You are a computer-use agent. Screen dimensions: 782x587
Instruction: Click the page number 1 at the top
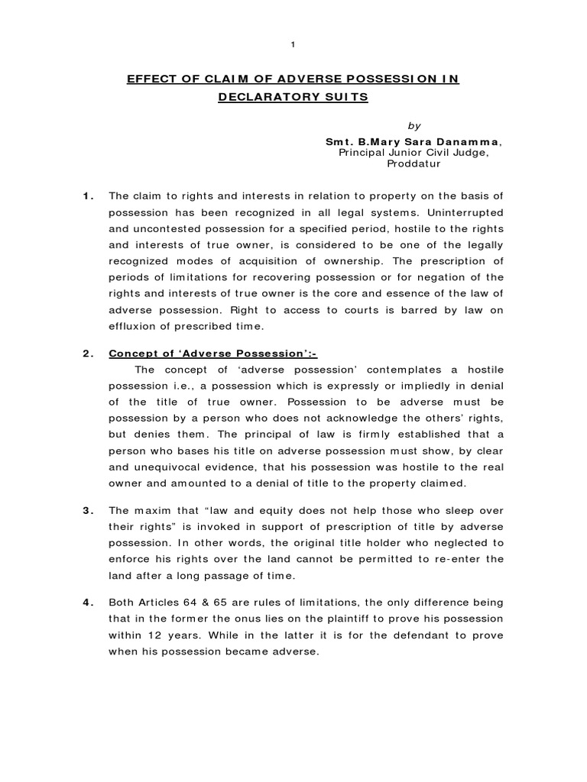(293, 45)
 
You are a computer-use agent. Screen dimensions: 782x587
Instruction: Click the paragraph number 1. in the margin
(87, 196)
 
